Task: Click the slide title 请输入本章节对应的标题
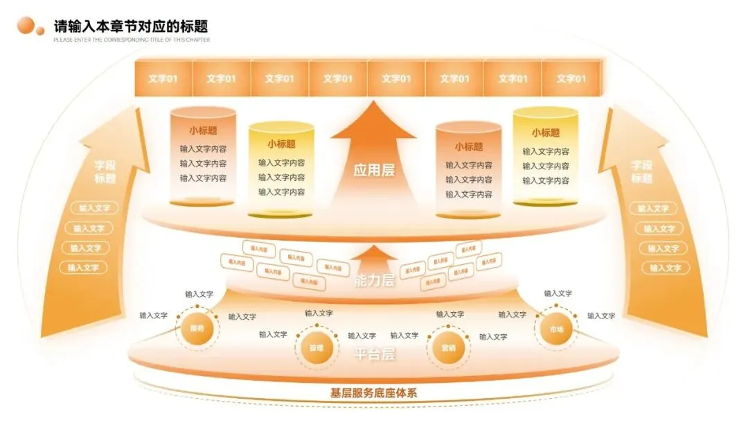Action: point(131,26)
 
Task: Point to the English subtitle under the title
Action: point(132,40)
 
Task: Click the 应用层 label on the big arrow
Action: point(374,170)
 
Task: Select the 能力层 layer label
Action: point(374,281)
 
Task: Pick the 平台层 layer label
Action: point(375,355)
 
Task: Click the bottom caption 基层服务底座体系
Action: point(374,393)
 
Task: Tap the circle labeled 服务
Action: point(197,329)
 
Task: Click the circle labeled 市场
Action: point(556,329)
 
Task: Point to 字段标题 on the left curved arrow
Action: point(105,172)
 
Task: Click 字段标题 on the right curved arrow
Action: point(642,172)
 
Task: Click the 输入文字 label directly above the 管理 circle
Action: point(319,313)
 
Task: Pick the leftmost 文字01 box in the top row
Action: point(163,78)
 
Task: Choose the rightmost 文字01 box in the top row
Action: point(571,78)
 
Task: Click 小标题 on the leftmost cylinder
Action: point(203,130)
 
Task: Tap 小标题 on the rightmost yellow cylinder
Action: point(546,132)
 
